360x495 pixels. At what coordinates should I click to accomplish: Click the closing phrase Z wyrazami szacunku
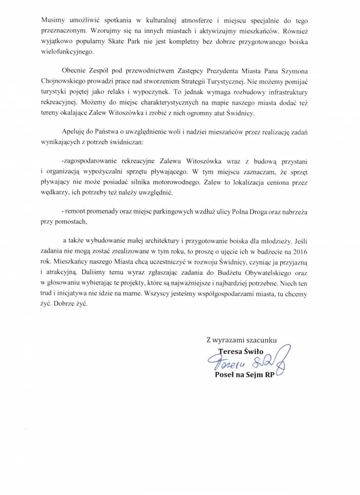242,340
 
